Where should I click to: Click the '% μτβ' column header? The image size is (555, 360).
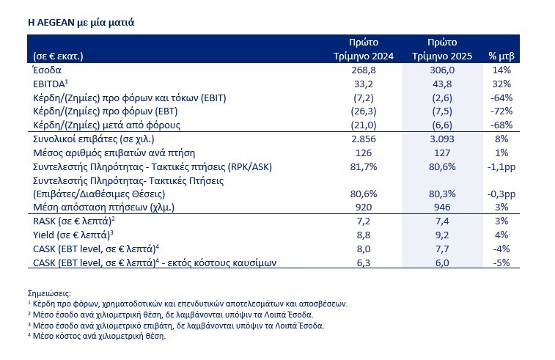pyautogui.click(x=502, y=56)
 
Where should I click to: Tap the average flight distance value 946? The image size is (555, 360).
pyautogui.click(x=446, y=207)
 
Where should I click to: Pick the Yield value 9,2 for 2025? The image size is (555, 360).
pyautogui.click(x=446, y=235)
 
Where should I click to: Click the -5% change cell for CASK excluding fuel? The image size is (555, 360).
pyautogui.click(x=502, y=262)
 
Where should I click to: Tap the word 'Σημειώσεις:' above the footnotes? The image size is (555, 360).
pyautogui.click(x=51, y=292)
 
